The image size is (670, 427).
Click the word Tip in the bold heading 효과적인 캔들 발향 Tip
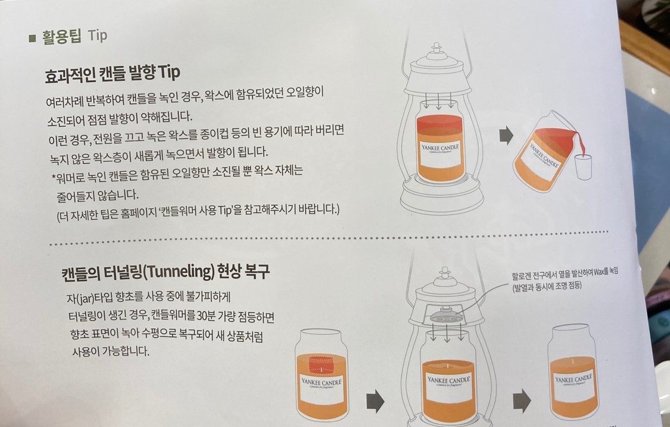pyautogui.click(x=169, y=72)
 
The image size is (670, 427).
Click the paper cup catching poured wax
pyautogui.click(x=583, y=167)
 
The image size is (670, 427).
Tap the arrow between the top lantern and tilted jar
pyautogui.click(x=506, y=136)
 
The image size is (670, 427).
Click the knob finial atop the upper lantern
pyautogui.click(x=436, y=48)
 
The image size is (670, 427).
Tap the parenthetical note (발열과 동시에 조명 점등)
pyautogui.click(x=547, y=286)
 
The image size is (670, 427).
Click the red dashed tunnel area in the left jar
pyautogui.click(x=321, y=365)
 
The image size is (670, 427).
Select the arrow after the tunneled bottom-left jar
pyautogui.click(x=375, y=402)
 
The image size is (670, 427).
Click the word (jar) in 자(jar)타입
pyautogui.click(x=84, y=297)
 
